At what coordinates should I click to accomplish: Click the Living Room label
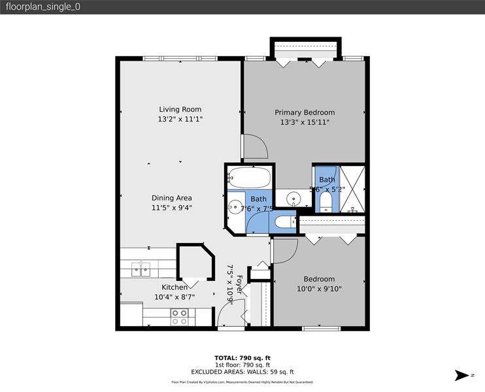[x=180, y=109]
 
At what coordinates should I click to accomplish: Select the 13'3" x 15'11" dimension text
[x=304, y=122]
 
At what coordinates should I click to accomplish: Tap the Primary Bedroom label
[x=304, y=112]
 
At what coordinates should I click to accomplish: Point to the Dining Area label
[x=171, y=198]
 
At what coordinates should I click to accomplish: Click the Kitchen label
[x=175, y=287]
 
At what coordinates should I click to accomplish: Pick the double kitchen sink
[x=141, y=269]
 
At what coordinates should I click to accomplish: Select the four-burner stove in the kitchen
[x=180, y=317]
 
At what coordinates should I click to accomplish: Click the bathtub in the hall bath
[x=249, y=177]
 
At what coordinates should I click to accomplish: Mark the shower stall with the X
[x=350, y=189]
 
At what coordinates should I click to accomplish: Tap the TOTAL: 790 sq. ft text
[x=242, y=358]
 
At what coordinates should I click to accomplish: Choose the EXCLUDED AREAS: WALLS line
[x=242, y=371]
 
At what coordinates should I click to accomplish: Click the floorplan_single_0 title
[x=42, y=7]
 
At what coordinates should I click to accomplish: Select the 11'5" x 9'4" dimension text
[x=171, y=208]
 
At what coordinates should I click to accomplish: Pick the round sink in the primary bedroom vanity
[x=294, y=197]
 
